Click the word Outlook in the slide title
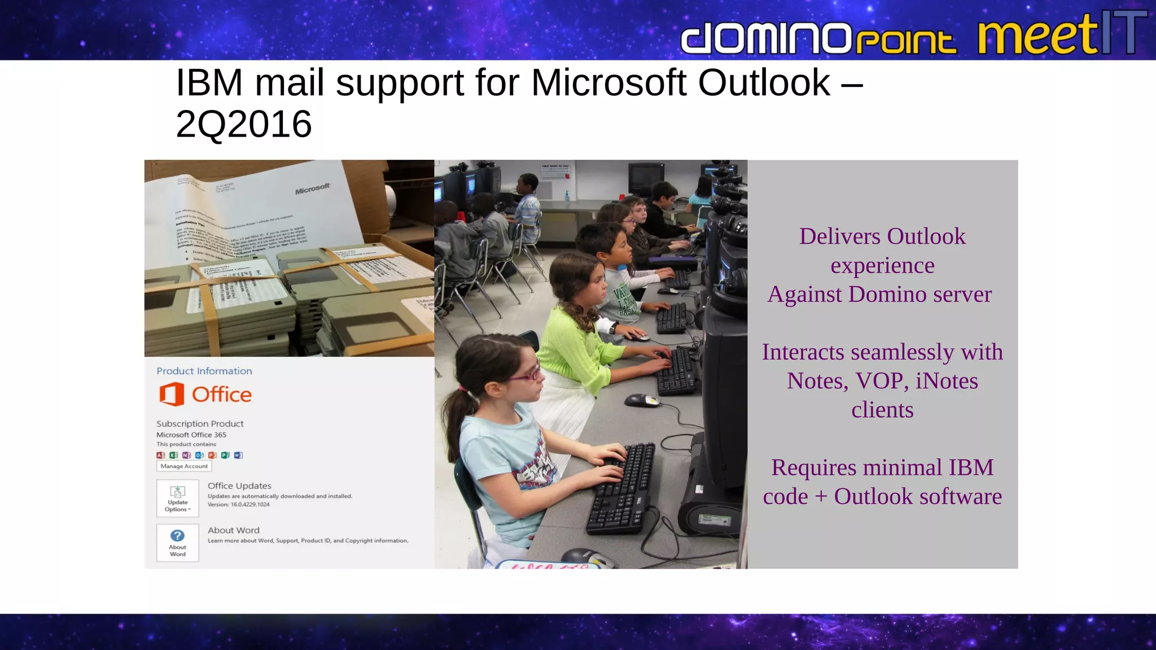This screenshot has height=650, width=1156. (x=764, y=83)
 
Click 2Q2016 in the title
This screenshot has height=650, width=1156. (x=244, y=124)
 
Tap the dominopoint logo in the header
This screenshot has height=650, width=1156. (x=818, y=39)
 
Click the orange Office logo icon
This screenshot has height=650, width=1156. (x=172, y=394)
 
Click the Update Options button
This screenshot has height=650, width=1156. (x=178, y=498)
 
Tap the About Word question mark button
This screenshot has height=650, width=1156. (x=178, y=542)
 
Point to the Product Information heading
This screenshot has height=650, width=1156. (x=204, y=371)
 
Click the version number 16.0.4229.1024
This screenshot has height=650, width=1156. (x=250, y=504)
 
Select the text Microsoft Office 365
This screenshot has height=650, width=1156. (x=191, y=434)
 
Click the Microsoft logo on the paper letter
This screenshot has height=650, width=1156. (x=312, y=188)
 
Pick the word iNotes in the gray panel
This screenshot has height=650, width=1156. (x=947, y=381)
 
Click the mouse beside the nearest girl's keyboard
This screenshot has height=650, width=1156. (x=642, y=400)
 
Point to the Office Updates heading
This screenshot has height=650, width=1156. (x=239, y=486)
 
